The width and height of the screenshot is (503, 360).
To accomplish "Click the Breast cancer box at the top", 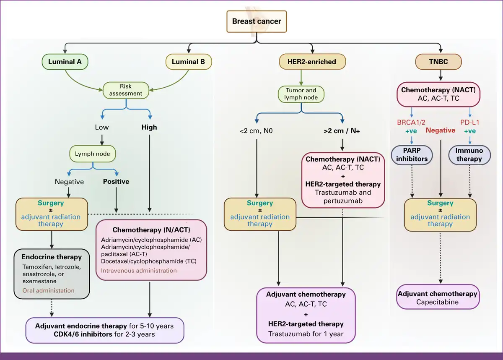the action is click(257, 21).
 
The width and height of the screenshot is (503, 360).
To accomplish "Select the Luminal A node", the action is click(65, 62).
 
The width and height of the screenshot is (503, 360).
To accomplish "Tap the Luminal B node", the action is click(189, 62).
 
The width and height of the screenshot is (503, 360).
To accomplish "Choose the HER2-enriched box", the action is click(312, 62).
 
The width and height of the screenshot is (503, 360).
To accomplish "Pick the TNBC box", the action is click(438, 62).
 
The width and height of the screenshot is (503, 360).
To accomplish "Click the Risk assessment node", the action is click(126, 90).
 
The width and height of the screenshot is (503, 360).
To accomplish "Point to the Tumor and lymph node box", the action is click(301, 94).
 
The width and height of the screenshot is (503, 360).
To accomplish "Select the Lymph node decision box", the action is click(93, 154).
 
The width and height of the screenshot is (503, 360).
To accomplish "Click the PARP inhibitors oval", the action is click(412, 155).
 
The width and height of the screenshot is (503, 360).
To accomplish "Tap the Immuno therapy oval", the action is click(469, 155).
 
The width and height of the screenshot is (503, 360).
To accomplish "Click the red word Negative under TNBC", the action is click(441, 130).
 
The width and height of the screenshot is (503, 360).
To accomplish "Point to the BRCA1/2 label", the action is click(411, 123).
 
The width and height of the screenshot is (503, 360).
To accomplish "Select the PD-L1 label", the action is click(470, 123).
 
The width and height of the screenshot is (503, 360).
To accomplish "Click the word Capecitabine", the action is click(438, 302).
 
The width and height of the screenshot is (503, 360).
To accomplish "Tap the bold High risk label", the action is click(149, 127).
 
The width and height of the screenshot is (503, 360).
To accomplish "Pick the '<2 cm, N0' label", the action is click(256, 131).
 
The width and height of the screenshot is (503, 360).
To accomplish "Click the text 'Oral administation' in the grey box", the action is click(48, 291).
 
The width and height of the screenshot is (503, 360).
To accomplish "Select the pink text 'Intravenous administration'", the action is click(139, 271).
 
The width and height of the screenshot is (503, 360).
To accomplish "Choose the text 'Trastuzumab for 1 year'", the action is click(306, 334).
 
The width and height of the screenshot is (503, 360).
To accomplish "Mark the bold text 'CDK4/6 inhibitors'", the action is click(83, 334).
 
